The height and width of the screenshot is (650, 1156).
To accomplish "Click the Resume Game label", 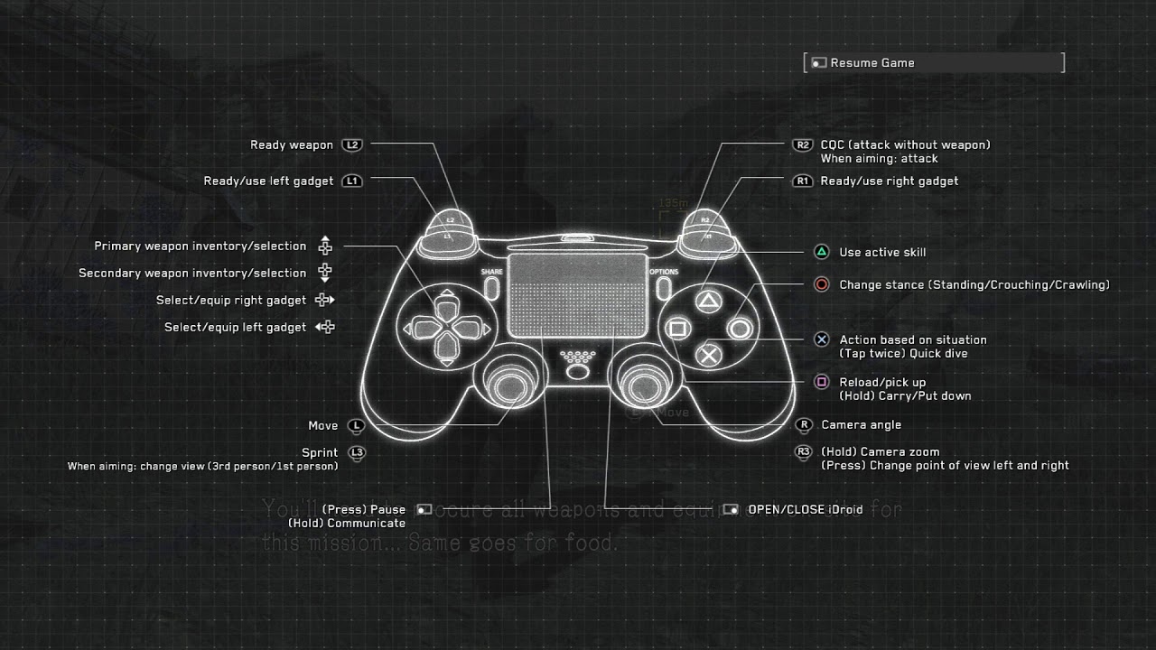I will pyautogui.click(x=872, y=63).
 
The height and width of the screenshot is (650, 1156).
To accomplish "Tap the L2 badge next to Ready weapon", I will pyautogui.click(x=351, y=145).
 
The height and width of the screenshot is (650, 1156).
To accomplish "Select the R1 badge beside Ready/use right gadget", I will pyautogui.click(x=802, y=181).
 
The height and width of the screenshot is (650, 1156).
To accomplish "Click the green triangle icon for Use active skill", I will pyautogui.click(x=821, y=253).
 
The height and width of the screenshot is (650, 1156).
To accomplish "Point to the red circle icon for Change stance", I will pyautogui.click(x=821, y=285).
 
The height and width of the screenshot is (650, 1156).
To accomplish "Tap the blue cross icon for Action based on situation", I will pyautogui.click(x=821, y=340).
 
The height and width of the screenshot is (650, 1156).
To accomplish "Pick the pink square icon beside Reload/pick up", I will pyautogui.click(x=821, y=383).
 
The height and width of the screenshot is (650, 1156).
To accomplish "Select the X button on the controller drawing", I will pyautogui.click(x=710, y=355).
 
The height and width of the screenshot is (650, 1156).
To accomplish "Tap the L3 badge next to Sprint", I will pyautogui.click(x=357, y=453).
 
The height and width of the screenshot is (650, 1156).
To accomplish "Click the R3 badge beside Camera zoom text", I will pyautogui.click(x=803, y=452).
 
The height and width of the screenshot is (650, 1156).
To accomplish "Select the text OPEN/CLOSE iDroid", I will pyautogui.click(x=805, y=510).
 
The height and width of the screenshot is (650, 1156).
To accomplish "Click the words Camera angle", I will pyautogui.click(x=861, y=425).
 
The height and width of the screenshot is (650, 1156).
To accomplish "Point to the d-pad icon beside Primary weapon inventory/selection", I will pyautogui.click(x=325, y=246).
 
